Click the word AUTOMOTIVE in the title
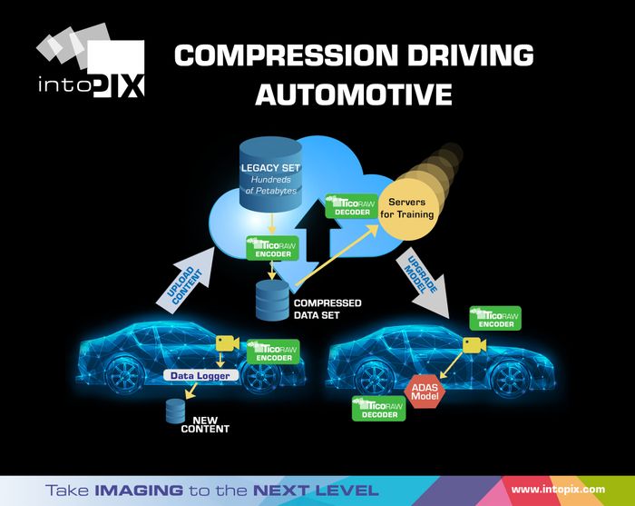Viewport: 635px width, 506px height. pyautogui.click(x=353, y=92)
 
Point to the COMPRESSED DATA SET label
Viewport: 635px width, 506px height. pyautogui.click(x=326, y=309)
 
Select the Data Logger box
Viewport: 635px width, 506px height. pyautogui.click(x=201, y=375)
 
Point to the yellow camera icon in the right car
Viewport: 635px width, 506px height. pyautogui.click(x=474, y=344)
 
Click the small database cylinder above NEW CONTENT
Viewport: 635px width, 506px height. pyautogui.click(x=174, y=410)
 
